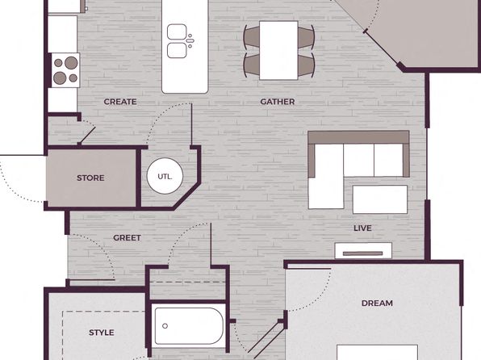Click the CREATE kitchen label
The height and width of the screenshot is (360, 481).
pyautogui.click(x=120, y=102)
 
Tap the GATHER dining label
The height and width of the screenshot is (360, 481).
pyautogui.click(x=278, y=102)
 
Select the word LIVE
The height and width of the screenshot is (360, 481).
pyautogui.click(x=362, y=228)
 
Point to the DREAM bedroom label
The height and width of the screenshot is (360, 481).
pyautogui.click(x=377, y=303)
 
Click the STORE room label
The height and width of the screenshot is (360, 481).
pyautogui.click(x=90, y=178)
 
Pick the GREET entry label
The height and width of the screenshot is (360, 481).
pyautogui.click(x=127, y=238)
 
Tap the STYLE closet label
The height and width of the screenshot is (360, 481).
pyautogui.click(x=102, y=333)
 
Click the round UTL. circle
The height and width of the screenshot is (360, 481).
pyautogui.click(x=165, y=176)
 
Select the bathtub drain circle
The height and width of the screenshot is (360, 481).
pyautogui.click(x=165, y=326)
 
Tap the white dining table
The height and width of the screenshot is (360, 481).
pyautogui.click(x=278, y=50)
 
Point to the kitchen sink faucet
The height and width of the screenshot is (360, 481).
pyautogui.click(x=190, y=41)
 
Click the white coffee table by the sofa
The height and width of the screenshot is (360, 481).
pyautogui.click(x=380, y=199)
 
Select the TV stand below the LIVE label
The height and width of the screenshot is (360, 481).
pyautogui.click(x=363, y=251)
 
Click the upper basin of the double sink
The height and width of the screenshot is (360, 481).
pyautogui.click(x=177, y=32)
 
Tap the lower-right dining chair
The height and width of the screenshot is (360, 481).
pyautogui.click(x=307, y=65)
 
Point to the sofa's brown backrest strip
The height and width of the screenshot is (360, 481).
pyautogui.click(x=358, y=137)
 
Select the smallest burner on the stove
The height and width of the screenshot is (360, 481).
pyautogui.click(x=58, y=63)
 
